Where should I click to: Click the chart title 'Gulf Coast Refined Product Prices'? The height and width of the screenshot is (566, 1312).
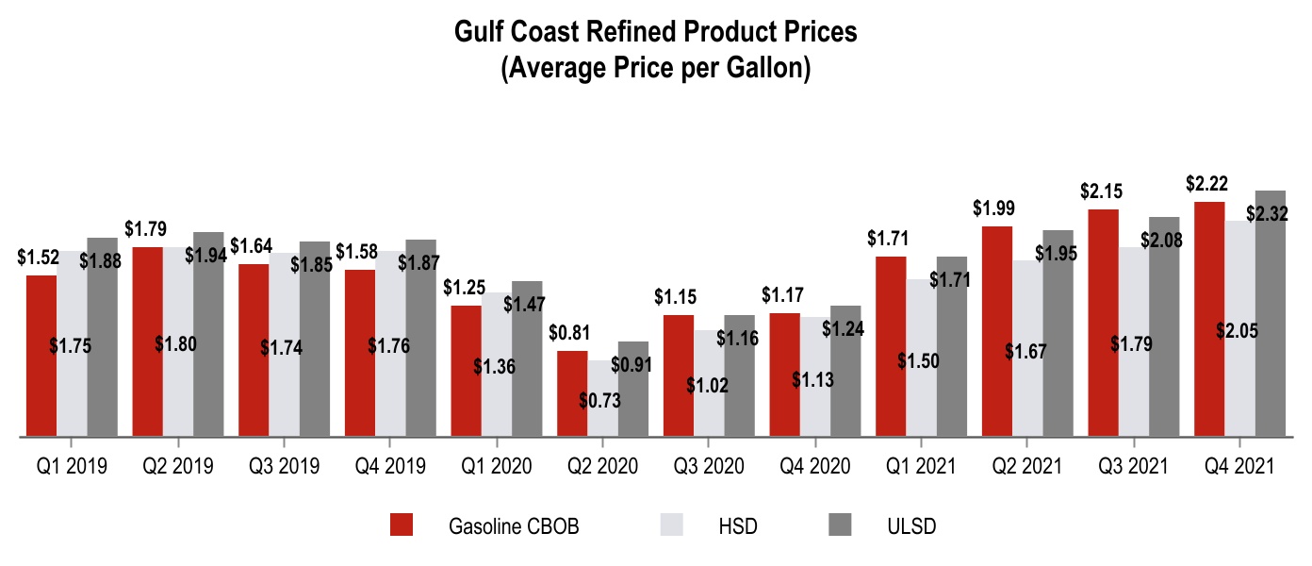[x=656, y=32]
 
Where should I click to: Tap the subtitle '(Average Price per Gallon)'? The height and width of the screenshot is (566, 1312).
[x=656, y=69]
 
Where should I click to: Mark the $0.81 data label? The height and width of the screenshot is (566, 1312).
[x=569, y=333]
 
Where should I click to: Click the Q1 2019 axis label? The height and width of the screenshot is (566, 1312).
[x=71, y=466]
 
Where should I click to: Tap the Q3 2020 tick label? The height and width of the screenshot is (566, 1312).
[x=708, y=466]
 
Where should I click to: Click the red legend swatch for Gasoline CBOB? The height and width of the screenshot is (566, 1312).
[x=402, y=525]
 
